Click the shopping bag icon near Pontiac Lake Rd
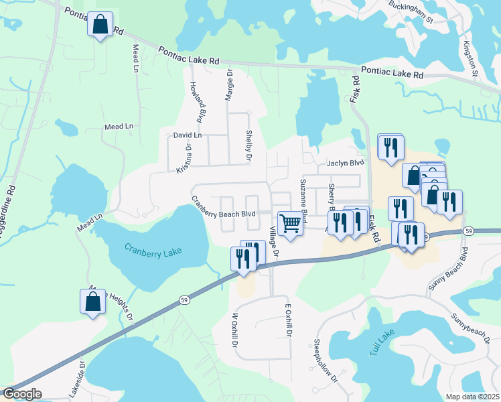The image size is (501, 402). pyautogui.click(x=100, y=25)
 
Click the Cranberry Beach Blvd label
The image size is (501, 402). pyautogui.click(x=224, y=206)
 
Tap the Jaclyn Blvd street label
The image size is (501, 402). pyautogui.click(x=345, y=163)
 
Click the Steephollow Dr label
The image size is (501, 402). pyautogui.click(x=326, y=362)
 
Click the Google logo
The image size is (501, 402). pyautogui.click(x=21, y=394)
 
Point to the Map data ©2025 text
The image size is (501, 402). pyautogui.click(x=472, y=397)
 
